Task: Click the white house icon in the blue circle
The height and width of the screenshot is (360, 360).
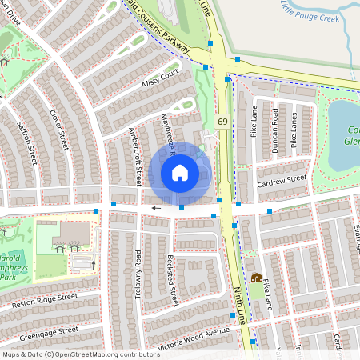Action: (180, 172)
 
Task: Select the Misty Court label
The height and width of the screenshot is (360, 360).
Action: (160, 78)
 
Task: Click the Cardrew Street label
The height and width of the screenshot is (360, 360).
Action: (282, 182)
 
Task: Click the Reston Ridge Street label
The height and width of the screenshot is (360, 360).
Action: (45, 301)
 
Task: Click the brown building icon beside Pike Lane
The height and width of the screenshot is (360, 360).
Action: (256, 278)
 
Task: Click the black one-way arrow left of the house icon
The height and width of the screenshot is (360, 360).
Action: (156, 207)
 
